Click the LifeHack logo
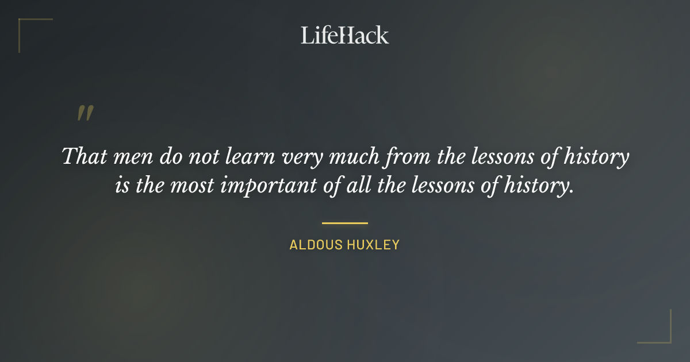(344, 35)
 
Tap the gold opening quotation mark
(85, 113)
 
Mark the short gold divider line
(344, 222)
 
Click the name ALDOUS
(316, 245)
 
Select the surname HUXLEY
(373, 245)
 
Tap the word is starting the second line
(122, 186)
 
